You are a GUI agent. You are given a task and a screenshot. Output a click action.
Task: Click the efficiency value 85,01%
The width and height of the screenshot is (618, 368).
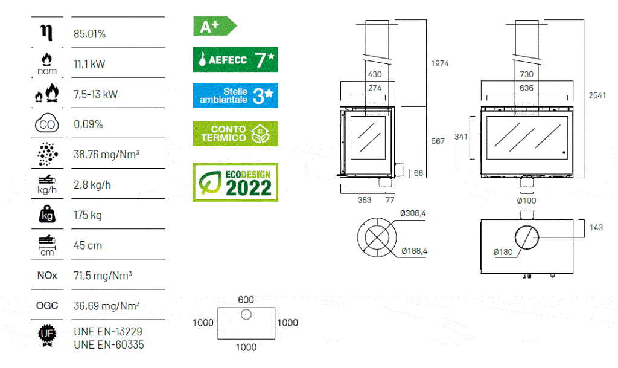pos(89,34)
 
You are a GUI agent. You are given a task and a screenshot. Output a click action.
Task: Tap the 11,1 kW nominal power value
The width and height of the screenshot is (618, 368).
pos(89,64)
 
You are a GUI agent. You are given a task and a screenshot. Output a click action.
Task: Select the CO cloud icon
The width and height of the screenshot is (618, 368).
pos(46,124)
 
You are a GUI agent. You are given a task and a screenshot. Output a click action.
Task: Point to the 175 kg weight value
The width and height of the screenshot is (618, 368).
pos(88,215)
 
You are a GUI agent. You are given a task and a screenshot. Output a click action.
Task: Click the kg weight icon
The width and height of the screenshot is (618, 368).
pos(46,215)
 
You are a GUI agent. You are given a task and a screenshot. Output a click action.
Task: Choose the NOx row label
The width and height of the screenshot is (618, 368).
pos(47,276)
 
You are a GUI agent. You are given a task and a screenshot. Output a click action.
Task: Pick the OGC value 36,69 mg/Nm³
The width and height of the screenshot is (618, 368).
pos(103,306)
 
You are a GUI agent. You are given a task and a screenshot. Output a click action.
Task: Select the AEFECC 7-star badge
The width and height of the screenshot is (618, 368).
pos(235,60)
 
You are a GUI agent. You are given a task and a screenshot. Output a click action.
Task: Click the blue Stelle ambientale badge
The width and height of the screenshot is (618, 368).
pos(235,95)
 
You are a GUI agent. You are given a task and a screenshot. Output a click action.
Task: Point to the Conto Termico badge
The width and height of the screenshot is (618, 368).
pos(235,134)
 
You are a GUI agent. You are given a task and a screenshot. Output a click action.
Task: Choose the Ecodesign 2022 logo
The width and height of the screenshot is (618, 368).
pos(235,182)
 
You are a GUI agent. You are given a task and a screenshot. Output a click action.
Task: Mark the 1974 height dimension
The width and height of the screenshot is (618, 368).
pos(440,63)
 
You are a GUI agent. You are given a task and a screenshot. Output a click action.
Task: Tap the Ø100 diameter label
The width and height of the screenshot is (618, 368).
pos(526,201)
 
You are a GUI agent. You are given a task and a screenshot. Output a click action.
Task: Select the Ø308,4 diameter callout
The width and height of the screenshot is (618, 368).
pos(413,213)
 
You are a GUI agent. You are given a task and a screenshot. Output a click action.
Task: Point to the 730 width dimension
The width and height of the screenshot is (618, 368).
pos(526,74)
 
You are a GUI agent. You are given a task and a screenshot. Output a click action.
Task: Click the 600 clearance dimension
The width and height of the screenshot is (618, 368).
pos(246,299)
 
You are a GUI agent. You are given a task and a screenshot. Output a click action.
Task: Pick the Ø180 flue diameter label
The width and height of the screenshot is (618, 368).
pos(503,252)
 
